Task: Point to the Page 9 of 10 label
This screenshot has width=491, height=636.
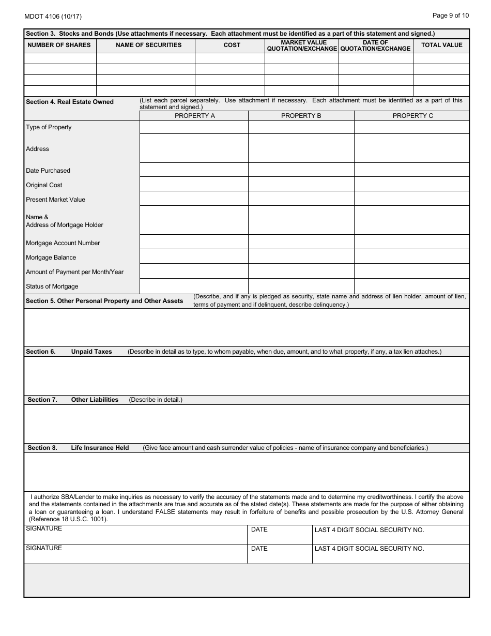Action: coord(450,16)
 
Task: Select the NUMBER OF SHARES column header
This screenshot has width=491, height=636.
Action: coord(59,45)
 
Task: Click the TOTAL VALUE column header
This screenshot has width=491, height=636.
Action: coord(441,45)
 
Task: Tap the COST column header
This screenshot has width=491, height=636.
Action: coord(232,45)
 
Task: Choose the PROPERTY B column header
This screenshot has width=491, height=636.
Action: coord(301,116)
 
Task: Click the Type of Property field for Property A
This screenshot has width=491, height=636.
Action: coord(194,127)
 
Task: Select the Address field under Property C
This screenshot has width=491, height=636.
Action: coord(411,148)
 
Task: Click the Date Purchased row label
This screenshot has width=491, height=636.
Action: coord(48,171)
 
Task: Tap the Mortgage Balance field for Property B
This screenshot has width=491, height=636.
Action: coord(301,257)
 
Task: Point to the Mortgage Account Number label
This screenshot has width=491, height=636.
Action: coord(63,243)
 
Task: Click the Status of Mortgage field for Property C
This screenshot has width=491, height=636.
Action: coord(411,286)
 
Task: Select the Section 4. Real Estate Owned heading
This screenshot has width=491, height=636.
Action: coord(70,102)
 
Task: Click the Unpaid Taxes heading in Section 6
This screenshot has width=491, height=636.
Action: coord(91,352)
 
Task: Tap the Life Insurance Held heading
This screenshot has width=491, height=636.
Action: coord(100,448)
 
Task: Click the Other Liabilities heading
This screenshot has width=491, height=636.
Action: coord(95,400)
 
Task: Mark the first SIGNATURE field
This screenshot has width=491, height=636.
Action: coord(135,535)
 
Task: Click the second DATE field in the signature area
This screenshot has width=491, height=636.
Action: coord(279,554)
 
